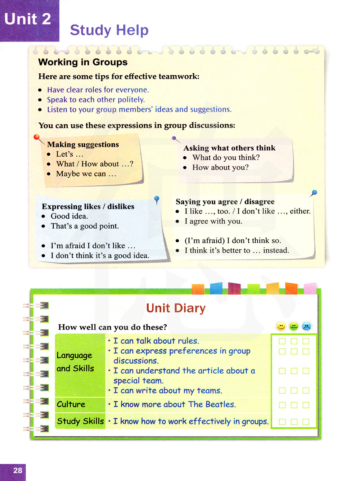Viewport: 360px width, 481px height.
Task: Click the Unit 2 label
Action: [x=28, y=19]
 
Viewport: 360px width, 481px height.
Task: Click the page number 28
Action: [x=18, y=470]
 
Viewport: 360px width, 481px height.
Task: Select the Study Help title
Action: [x=109, y=30]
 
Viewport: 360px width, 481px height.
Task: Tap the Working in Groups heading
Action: [x=83, y=62]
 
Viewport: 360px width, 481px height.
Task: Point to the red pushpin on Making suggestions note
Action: [x=36, y=137]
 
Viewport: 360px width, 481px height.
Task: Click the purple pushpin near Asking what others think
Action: [x=174, y=138]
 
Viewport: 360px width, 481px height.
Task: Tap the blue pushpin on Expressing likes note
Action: [x=157, y=199]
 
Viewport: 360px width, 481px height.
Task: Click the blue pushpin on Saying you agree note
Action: [x=314, y=193]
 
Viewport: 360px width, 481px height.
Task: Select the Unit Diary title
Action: [x=176, y=308]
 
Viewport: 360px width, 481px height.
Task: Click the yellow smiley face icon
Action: [x=281, y=326]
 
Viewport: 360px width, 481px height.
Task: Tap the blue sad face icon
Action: [x=306, y=326]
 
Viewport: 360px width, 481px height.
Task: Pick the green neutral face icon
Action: [x=294, y=326]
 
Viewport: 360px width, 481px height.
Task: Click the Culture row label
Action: [x=71, y=404]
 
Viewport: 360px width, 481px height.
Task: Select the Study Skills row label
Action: [x=80, y=421]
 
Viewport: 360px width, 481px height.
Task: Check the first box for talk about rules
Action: [x=282, y=341]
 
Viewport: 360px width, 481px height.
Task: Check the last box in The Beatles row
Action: [x=306, y=405]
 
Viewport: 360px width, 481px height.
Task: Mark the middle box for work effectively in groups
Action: [x=294, y=422]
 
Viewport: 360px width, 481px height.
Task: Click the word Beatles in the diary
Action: [x=220, y=404]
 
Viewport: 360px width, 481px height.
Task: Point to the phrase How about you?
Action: [x=220, y=167]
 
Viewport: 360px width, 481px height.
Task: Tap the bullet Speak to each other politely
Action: [x=96, y=100]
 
